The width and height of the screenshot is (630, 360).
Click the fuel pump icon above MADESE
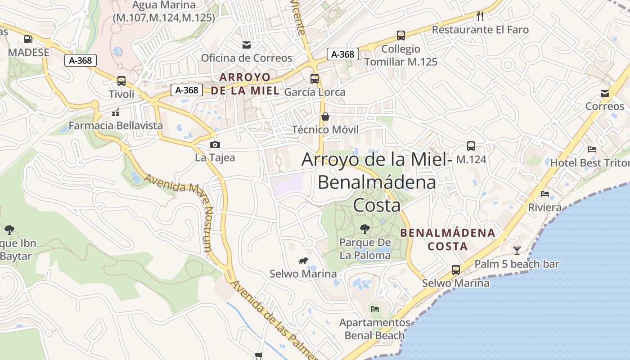(28, 39)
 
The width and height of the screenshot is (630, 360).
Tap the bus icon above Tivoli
(121, 81)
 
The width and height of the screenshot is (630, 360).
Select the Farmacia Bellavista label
(116, 126)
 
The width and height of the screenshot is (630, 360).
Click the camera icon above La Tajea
(215, 144)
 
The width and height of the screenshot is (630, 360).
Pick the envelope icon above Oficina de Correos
(247, 45)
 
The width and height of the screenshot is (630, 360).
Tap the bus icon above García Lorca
(315, 79)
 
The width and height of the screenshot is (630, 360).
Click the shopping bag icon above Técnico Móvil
(325, 117)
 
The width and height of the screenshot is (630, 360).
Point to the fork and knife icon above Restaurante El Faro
(480, 16)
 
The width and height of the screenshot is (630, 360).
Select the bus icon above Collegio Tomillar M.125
(400, 36)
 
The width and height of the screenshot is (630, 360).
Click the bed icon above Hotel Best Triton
(592, 149)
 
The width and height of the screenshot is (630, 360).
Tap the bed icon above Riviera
(545, 194)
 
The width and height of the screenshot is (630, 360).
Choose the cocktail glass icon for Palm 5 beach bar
(517, 250)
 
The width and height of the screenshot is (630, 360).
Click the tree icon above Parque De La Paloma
(365, 229)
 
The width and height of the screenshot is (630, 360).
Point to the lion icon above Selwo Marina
(303, 261)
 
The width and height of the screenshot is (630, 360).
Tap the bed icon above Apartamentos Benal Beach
(375, 309)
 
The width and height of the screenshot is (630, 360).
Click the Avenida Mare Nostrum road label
(180, 211)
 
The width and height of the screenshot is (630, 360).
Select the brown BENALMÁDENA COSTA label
(448, 239)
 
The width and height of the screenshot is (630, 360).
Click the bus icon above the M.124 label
(471, 146)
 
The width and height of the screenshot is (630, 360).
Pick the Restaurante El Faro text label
(480, 30)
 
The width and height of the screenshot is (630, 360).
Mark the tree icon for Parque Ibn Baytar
(9, 230)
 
